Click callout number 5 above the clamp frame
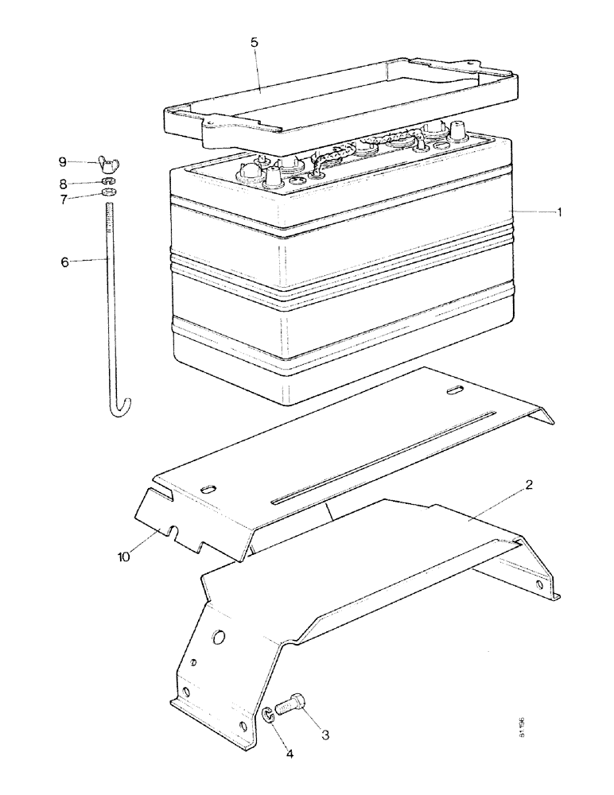click(x=254, y=43)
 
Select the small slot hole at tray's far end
click(x=455, y=390)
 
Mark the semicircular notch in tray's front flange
click(x=169, y=530)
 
